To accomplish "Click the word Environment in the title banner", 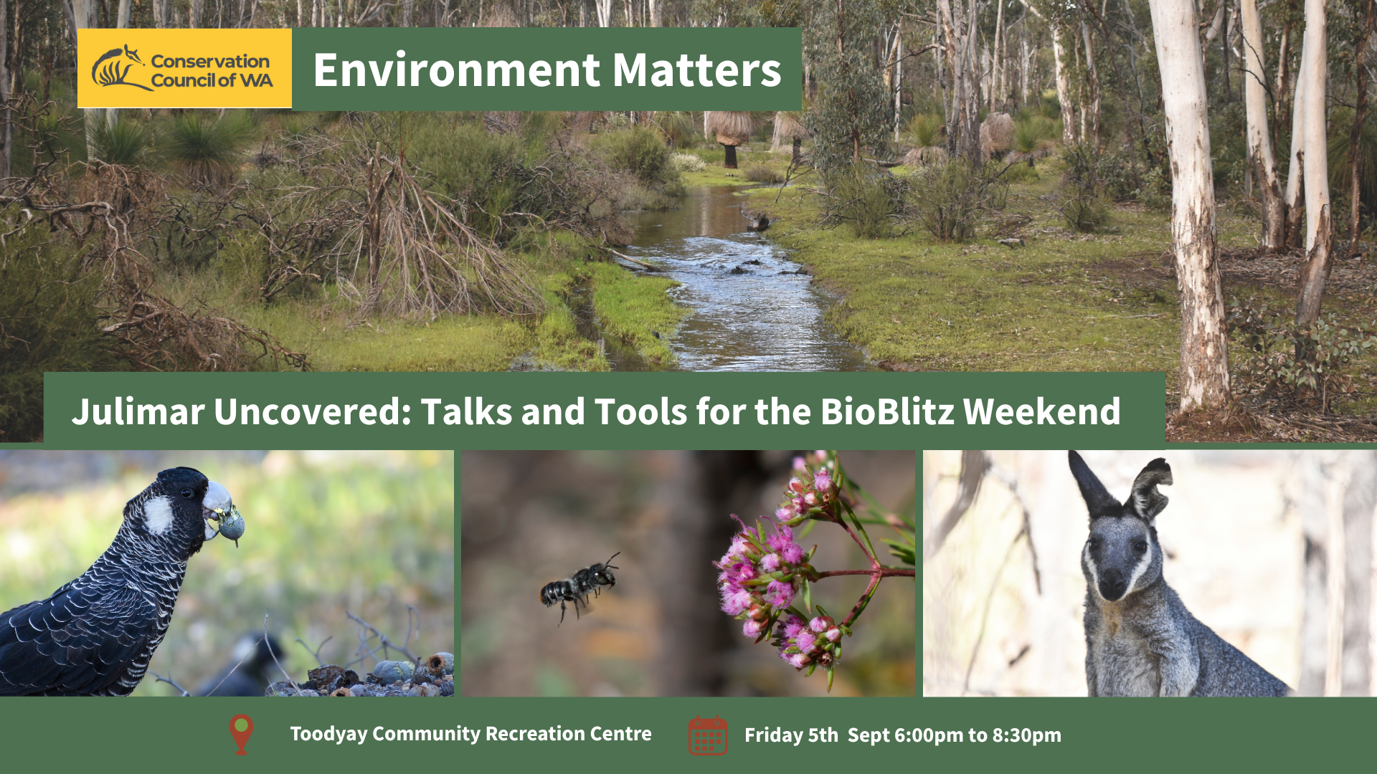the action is (457, 70).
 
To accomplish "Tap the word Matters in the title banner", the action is (697, 70).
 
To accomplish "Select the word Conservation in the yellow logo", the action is (210, 61).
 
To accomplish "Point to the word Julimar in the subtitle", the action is (138, 412).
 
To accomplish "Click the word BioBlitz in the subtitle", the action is (886, 412).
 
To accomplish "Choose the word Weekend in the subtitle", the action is (1041, 412).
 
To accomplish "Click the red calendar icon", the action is (708, 735).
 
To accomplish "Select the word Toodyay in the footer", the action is (328, 735).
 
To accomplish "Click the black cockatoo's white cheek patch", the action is (158, 515).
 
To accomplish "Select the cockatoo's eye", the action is (186, 494).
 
